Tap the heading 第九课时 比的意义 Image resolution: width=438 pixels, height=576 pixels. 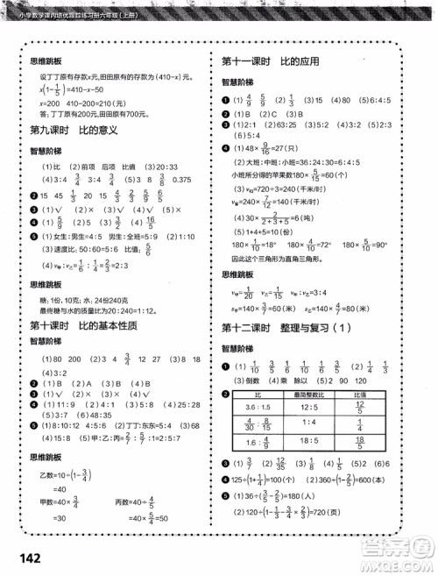click(x=73, y=128)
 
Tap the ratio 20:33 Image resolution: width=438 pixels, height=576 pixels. click(x=166, y=167)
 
